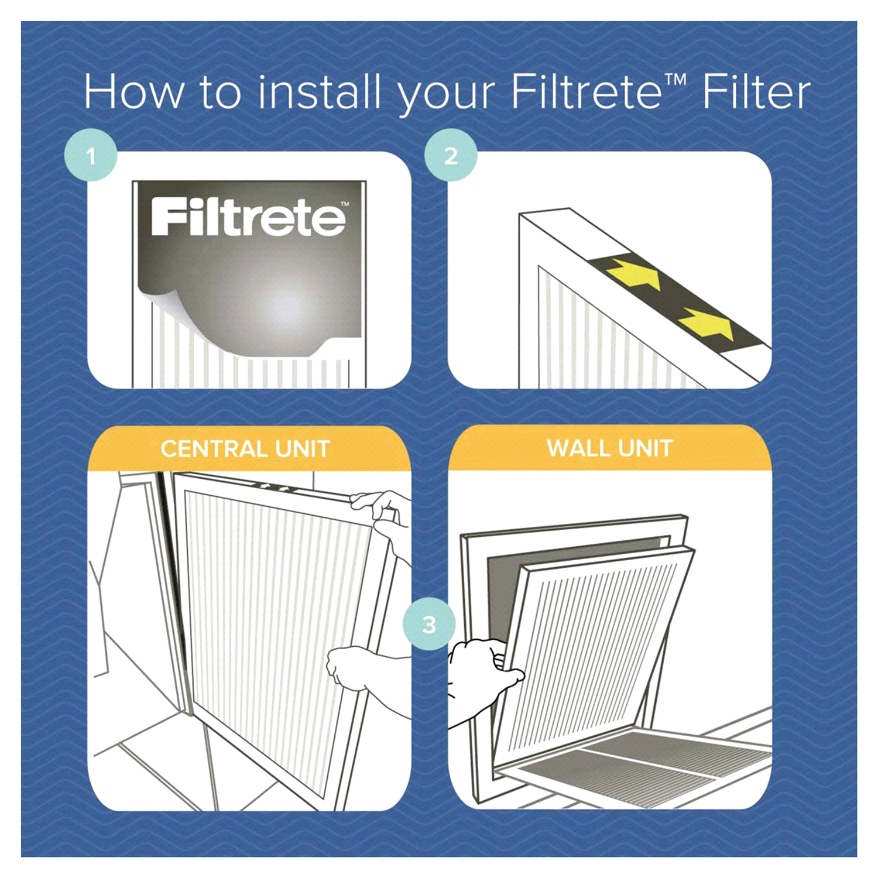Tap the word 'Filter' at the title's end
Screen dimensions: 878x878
pyautogui.click(x=756, y=92)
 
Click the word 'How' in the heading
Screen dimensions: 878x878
pyautogui.click(x=133, y=92)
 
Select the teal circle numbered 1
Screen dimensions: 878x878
pyautogui.click(x=91, y=156)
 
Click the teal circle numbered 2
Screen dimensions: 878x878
pyautogui.click(x=451, y=156)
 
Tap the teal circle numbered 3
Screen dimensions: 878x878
pyautogui.click(x=429, y=624)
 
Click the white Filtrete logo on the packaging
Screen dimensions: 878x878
pyautogui.click(x=249, y=217)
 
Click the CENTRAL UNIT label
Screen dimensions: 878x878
pyautogui.click(x=245, y=449)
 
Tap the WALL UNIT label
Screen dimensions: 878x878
pyautogui.click(x=609, y=448)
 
